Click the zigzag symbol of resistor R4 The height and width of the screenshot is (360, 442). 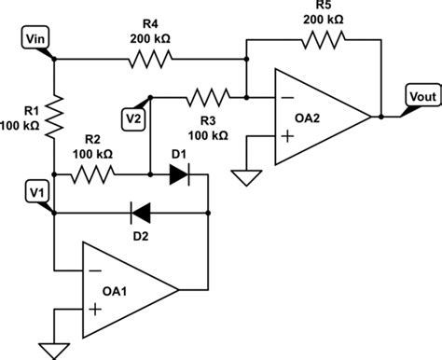pyautogui.click(x=151, y=60)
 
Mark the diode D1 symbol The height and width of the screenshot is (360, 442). pyautogui.click(x=178, y=173)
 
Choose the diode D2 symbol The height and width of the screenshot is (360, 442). pyautogui.click(x=142, y=211)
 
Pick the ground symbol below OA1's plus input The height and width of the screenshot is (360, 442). pyautogui.click(x=54, y=350)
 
